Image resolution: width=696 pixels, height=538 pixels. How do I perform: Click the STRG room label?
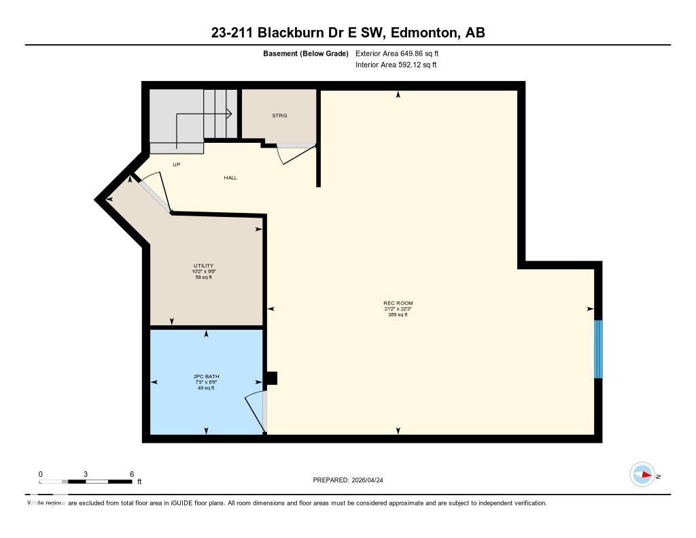coord(279,116)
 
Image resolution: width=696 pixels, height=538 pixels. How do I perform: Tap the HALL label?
coord(230,178)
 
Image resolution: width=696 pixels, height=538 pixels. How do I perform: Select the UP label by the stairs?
coord(176,165)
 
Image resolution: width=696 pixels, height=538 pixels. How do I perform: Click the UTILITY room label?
coord(203,265)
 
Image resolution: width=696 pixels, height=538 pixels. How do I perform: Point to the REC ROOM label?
coord(398,303)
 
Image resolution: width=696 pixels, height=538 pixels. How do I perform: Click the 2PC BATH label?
coord(206,376)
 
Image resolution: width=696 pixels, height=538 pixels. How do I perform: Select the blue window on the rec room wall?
coord(598,349)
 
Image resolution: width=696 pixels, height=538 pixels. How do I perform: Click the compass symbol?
coord(642,475)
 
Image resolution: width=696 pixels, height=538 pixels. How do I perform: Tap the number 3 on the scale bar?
coord(86,474)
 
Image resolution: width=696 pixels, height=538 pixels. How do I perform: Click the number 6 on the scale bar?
coord(132,474)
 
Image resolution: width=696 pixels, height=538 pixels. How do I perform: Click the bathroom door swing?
coord(255,411)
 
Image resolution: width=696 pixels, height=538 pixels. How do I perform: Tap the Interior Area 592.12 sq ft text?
coord(396,65)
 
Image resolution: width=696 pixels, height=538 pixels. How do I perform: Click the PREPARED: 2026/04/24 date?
coord(353,480)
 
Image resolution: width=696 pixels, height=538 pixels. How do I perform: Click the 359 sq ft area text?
coord(398,315)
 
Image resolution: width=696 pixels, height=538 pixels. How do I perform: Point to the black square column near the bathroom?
coord(271,378)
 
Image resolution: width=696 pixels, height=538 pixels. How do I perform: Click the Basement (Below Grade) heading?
coord(305,53)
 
